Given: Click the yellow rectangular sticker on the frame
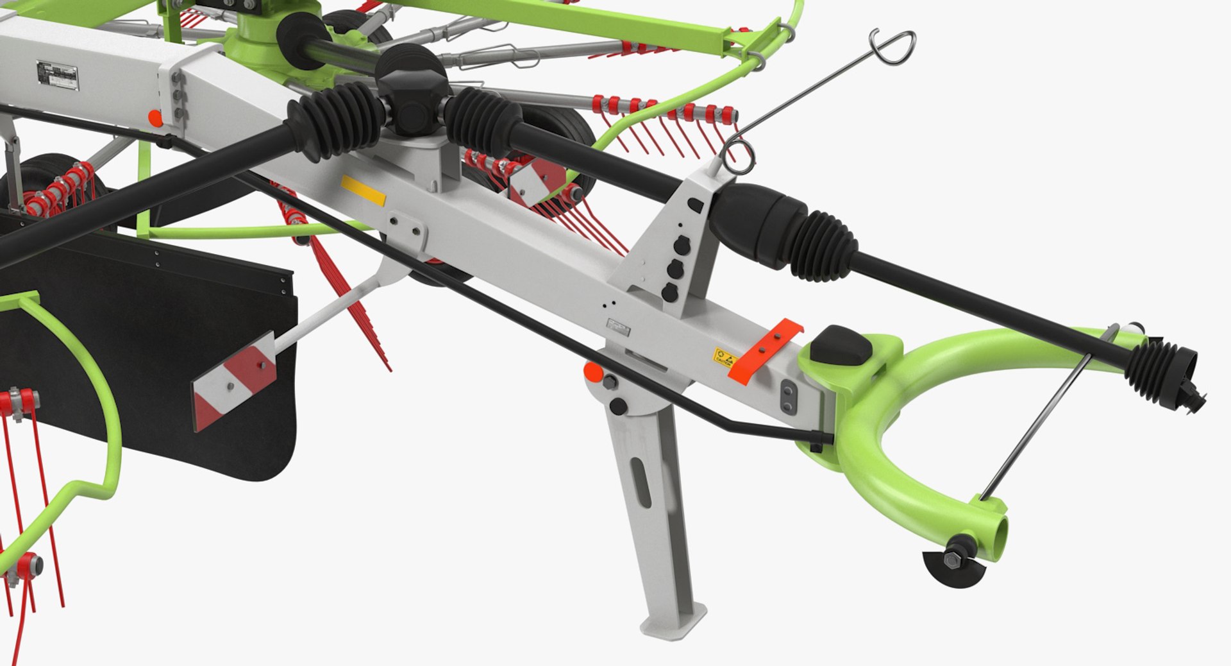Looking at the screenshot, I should pos(363,190).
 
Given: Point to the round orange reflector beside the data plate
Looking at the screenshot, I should pos(155,118).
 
